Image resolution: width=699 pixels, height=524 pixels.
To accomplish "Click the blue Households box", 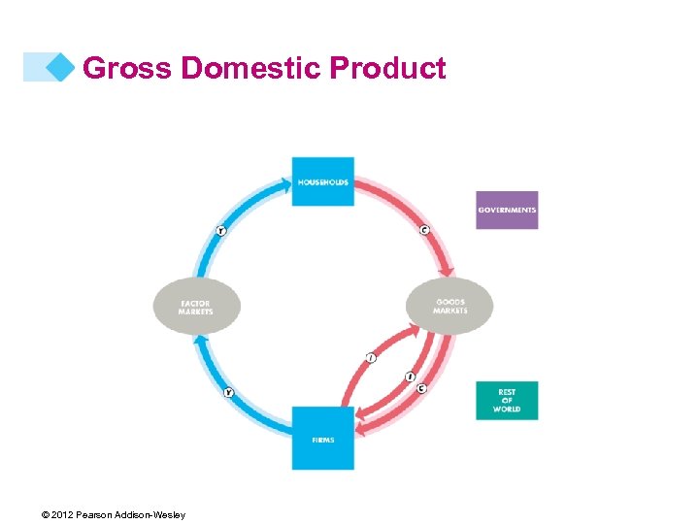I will [323, 181].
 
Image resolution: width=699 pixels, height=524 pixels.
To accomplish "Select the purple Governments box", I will [507, 210].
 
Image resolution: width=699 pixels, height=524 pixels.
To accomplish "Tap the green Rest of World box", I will [507, 401].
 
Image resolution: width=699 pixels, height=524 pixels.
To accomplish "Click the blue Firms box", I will [323, 439].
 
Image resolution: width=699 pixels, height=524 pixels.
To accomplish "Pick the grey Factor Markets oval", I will [196, 308].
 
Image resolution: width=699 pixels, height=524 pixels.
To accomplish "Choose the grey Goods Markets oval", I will [449, 307].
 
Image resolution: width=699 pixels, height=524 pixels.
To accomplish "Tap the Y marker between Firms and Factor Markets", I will [229, 392].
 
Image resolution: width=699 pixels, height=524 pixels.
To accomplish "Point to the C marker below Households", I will [424, 230].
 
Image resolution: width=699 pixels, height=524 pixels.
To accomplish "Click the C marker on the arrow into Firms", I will [421, 388].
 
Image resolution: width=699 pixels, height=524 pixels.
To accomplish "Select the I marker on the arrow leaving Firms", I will [371, 358].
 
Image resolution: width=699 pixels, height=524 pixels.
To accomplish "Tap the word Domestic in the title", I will [252, 69].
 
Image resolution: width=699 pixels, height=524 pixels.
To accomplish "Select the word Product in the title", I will [388, 69].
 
